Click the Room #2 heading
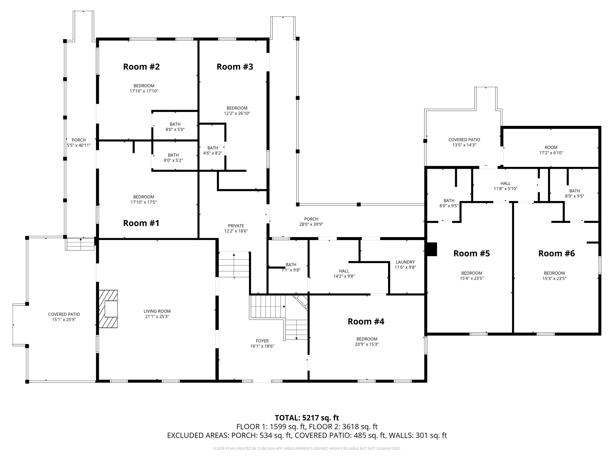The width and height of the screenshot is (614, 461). (141, 67)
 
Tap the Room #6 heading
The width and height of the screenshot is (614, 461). (556, 253)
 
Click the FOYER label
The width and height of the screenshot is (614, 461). (262, 343)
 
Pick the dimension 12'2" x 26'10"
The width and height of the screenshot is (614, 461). (237, 113)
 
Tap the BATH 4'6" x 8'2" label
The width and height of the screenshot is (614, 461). (213, 150)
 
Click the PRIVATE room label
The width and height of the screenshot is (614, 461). (236, 228)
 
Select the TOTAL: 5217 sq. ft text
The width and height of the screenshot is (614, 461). (307, 418)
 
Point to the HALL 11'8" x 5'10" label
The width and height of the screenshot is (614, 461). (505, 186)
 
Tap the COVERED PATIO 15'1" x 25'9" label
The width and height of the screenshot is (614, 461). (64, 317)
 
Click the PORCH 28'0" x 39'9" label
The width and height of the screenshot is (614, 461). (311, 221)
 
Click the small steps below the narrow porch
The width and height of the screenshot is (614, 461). (80, 245)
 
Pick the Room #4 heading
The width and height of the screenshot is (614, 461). (366, 321)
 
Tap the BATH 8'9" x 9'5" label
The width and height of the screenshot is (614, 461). (574, 193)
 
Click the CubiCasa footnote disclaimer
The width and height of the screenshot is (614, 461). (307, 448)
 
